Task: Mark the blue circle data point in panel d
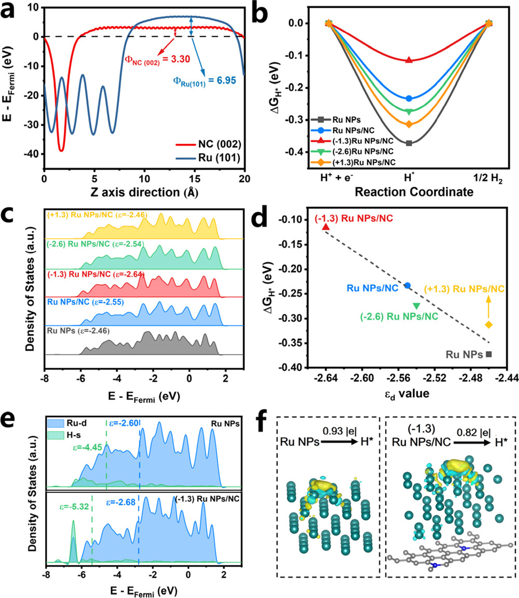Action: pyautogui.click(x=408, y=285)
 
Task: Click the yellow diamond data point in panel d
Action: pyautogui.click(x=488, y=325)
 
